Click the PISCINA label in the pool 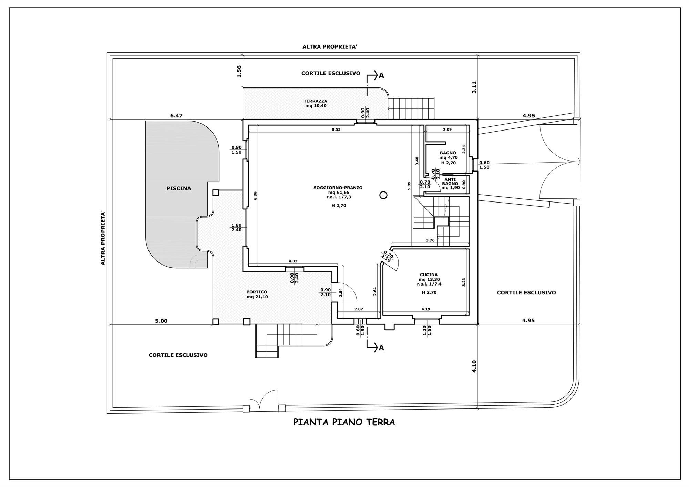(x=178, y=189)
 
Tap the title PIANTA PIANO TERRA (x=344, y=422)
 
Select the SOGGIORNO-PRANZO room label (x=338, y=188)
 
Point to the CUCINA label (x=429, y=275)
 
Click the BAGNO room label (x=448, y=153)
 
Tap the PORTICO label (x=257, y=292)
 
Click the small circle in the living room (x=383, y=195)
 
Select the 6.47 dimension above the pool (x=176, y=116)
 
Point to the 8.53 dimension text (x=336, y=129)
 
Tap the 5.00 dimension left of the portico (x=161, y=321)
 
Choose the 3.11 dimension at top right (x=474, y=87)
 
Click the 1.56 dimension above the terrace (x=239, y=71)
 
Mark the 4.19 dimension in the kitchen (x=425, y=309)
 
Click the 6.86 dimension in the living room (x=255, y=196)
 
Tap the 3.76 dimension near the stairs (x=430, y=240)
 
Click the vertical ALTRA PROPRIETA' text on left (x=103, y=238)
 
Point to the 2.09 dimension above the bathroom (x=447, y=129)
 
